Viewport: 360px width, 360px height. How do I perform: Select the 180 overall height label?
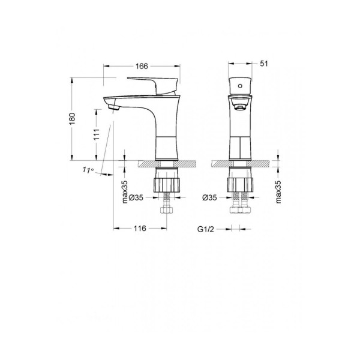[72, 119]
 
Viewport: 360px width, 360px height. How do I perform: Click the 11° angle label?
[88, 170]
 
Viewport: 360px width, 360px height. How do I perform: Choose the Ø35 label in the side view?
[136, 197]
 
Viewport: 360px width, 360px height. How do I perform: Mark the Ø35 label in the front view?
[209, 197]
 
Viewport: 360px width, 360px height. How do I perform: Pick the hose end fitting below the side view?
[166, 211]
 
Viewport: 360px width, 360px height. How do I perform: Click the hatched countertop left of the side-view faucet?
[146, 163]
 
